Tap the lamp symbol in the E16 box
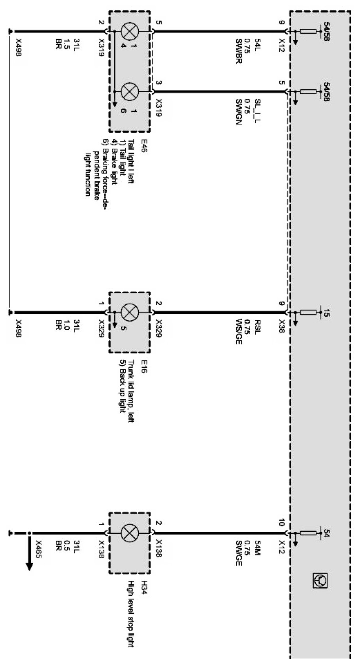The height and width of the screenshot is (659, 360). [x=129, y=312]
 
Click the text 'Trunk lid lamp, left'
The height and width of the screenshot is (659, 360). [x=131, y=391]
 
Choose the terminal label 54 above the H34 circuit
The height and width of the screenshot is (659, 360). [x=326, y=532]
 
